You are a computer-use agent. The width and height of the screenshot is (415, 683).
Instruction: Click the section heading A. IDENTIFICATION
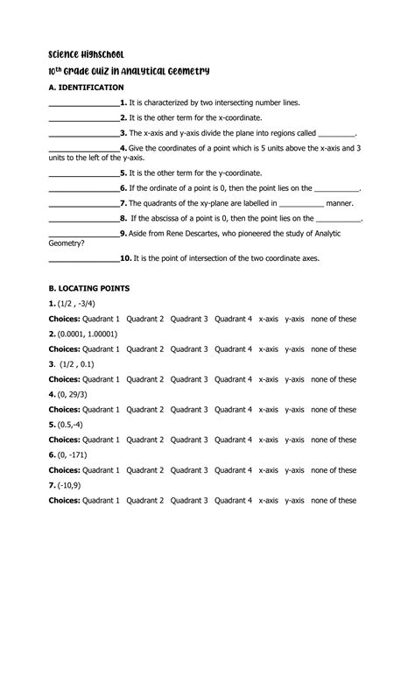coord(86,88)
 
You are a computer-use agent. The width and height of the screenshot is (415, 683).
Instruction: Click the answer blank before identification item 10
coord(83,259)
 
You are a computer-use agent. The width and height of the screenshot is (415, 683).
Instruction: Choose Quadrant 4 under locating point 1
coord(233,320)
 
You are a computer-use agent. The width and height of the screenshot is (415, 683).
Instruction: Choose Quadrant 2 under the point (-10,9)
coord(144,501)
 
